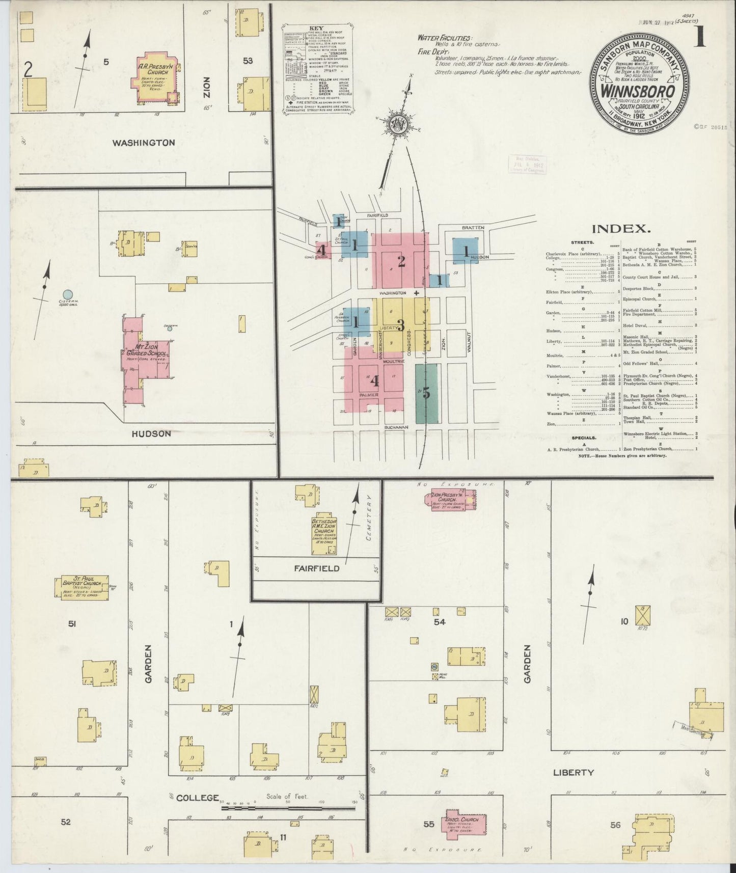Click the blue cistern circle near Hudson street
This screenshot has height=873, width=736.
[x=68, y=294]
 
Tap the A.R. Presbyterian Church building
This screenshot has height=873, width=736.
[x=155, y=75]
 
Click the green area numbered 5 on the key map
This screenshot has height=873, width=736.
[x=426, y=393]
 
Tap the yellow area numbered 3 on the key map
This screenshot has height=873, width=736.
[x=401, y=324]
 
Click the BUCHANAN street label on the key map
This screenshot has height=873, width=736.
[x=397, y=427]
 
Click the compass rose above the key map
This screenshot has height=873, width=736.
[x=397, y=126]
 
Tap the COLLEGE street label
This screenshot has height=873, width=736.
[x=198, y=797]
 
